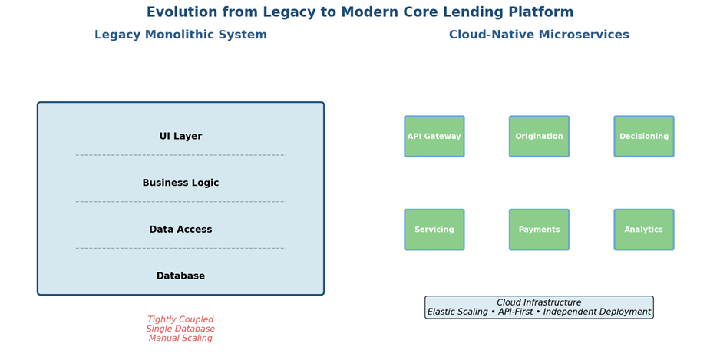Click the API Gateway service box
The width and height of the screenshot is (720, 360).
point(434,137)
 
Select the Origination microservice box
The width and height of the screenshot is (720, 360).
point(539,137)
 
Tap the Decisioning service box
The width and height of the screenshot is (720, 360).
point(644,137)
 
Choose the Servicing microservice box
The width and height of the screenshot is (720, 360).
point(434,230)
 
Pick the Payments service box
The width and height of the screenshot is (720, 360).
point(539,230)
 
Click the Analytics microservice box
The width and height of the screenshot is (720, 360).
point(644,230)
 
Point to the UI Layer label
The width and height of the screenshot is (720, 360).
point(180,137)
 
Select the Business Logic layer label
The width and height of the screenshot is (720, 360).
point(180,183)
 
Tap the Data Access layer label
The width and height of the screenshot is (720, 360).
point(180,230)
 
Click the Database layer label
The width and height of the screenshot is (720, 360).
point(180,276)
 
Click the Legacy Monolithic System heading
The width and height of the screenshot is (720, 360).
point(180,35)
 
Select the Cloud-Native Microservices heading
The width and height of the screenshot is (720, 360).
point(539,35)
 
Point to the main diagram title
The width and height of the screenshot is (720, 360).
point(360,12)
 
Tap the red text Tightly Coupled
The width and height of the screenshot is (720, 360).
point(180,320)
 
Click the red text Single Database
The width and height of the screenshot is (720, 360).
point(180,329)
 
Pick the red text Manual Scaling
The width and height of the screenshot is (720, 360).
point(180,339)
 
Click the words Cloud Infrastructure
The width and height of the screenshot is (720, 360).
point(539,303)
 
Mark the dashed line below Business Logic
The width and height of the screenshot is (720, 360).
point(180,202)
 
